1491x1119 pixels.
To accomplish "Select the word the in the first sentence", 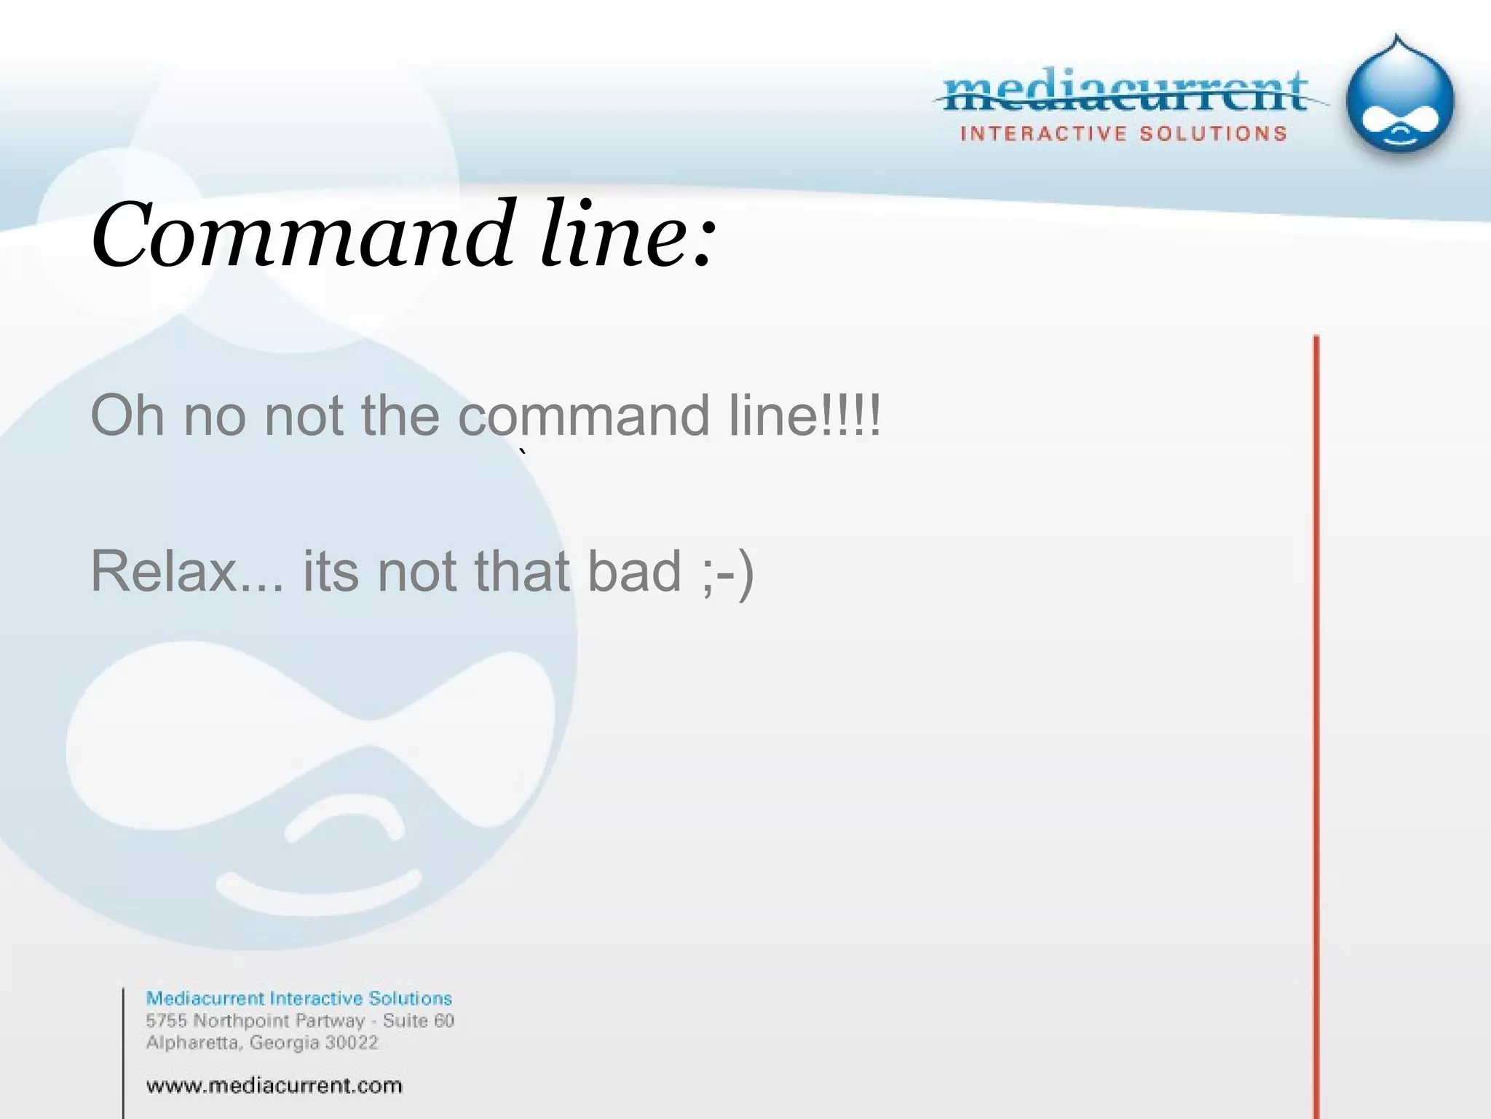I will (400, 415).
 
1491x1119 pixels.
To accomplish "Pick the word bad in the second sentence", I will (634, 571).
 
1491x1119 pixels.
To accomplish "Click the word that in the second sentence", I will (521, 571).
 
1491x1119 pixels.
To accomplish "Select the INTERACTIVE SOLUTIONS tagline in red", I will (1124, 134).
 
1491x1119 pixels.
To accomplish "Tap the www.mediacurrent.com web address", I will (274, 1085).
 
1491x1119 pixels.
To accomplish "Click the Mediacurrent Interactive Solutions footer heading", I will (299, 998).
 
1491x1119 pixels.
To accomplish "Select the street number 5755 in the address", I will (167, 1021).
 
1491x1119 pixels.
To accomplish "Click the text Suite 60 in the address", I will (419, 1021).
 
